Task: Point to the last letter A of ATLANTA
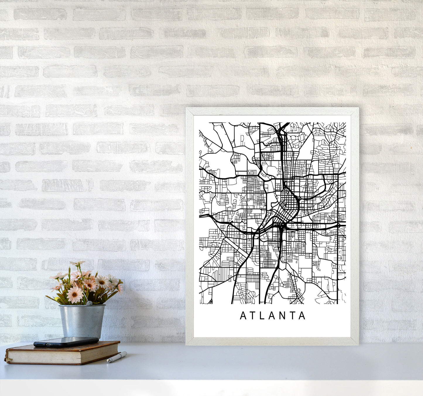click(303, 316)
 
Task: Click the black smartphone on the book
click(66, 342)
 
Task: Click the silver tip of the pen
click(108, 361)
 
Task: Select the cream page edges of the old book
click(64, 355)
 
